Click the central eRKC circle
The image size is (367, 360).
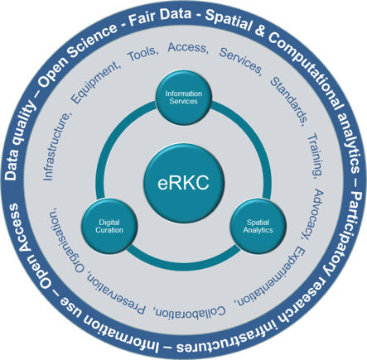pyautogui.click(x=184, y=183)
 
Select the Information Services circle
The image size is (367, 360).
pyautogui.click(x=184, y=98)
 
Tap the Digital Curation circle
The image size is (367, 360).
pyautogui.click(x=109, y=226)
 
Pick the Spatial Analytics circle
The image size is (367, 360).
pyautogui.click(x=258, y=226)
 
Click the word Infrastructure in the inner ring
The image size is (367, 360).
pyautogui.click(x=56, y=146)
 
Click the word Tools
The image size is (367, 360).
pyautogui.click(x=142, y=54)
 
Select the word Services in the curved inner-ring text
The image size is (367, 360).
pyautogui.click(x=241, y=60)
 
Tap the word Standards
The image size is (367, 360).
pyautogui.click(x=289, y=102)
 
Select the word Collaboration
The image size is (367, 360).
pyautogui.click(x=190, y=312)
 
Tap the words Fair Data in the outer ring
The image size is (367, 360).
pyautogui.click(x=160, y=17)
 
